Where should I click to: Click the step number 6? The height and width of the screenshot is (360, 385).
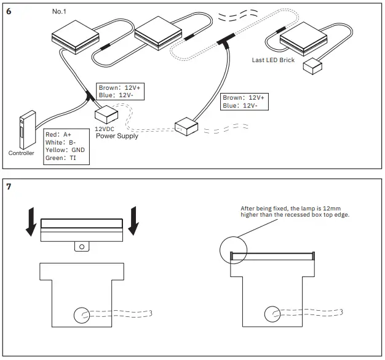tap(9, 11)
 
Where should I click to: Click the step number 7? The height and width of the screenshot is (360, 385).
tap(9, 186)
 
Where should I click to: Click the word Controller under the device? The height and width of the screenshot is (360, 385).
tap(22, 153)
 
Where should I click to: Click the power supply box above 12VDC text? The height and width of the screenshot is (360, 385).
tap(106, 114)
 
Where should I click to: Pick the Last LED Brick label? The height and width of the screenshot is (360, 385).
tap(274, 60)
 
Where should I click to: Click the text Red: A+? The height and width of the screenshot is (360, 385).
tap(59, 134)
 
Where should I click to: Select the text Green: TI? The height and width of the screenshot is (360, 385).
tap(61, 158)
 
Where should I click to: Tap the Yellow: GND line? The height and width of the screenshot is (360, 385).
tap(65, 150)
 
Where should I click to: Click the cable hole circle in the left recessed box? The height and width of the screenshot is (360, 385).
tap(81, 316)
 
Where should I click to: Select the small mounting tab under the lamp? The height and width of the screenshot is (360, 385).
tap(81, 246)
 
